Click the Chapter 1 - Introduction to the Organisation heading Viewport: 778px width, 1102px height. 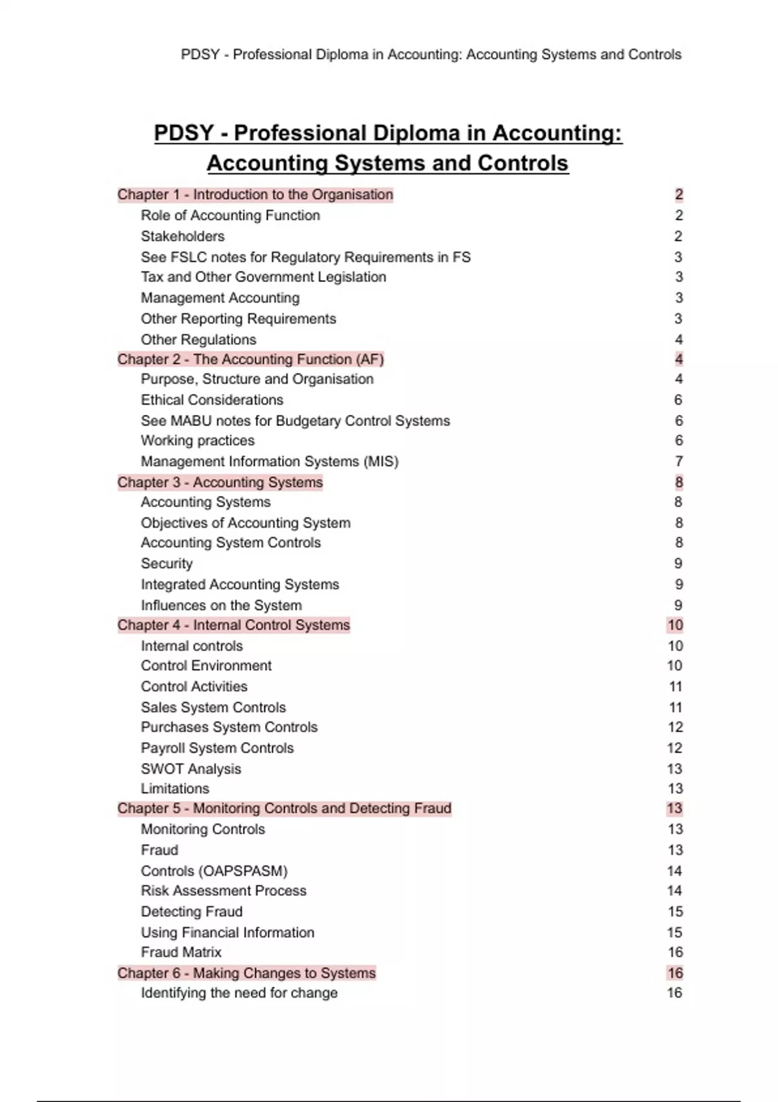click(255, 194)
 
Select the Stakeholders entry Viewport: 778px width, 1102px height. click(183, 236)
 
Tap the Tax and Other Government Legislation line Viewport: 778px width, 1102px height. click(263, 277)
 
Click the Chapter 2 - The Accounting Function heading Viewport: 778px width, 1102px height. click(250, 359)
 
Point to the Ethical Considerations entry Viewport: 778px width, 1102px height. click(212, 400)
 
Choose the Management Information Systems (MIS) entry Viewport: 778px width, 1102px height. click(270, 462)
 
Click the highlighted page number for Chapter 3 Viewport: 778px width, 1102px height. click(679, 482)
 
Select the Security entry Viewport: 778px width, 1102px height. click(167, 563)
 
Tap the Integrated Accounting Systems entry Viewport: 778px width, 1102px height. click(240, 585)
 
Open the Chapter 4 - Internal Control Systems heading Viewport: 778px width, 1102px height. click(233, 625)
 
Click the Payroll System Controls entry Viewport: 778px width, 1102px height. click(217, 748)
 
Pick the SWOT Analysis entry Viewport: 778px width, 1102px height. click(191, 769)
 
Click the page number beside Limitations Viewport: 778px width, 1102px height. click(675, 789)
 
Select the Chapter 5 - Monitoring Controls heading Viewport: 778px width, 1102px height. click(284, 808)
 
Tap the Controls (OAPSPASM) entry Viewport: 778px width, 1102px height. click(214, 871)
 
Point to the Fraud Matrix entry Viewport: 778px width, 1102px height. click(181, 952)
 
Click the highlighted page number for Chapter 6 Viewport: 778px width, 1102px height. click(675, 973)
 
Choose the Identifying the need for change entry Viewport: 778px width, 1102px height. click(239, 993)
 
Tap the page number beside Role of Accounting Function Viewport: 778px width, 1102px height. click(679, 215)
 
